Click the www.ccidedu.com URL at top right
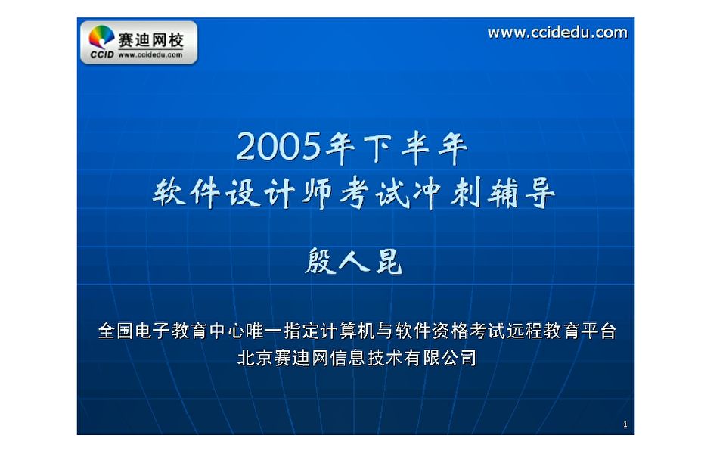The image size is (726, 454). coord(557,33)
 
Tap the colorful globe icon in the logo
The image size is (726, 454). coord(102,38)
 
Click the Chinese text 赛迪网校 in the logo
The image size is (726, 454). coord(150,38)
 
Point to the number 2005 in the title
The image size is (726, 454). coord(278,146)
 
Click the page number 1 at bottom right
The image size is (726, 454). coord(625,424)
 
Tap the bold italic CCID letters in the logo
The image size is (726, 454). coord(101,55)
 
